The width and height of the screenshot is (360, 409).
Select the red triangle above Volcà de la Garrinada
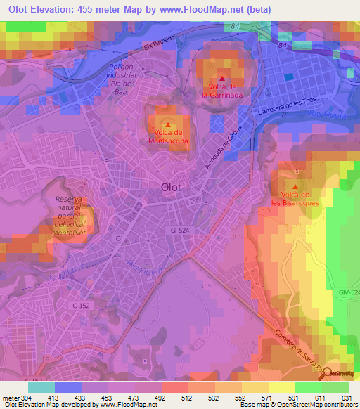222,79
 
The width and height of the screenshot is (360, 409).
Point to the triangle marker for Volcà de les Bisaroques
295,187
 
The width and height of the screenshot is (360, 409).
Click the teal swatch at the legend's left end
41,387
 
